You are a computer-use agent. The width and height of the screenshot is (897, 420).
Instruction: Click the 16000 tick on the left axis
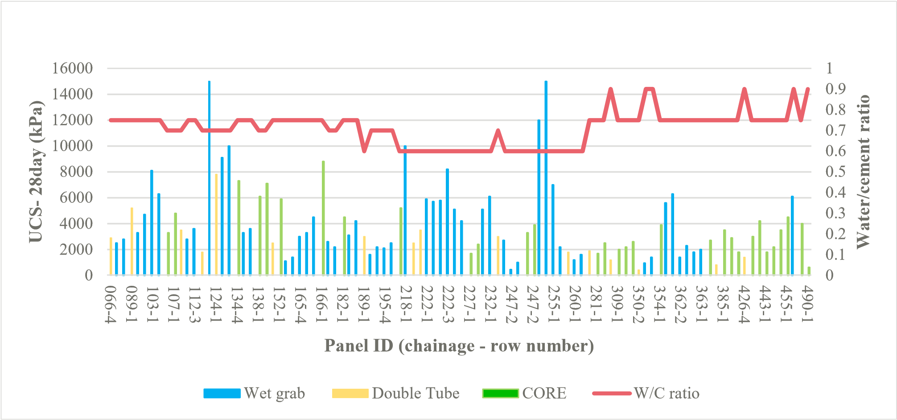(x=72, y=68)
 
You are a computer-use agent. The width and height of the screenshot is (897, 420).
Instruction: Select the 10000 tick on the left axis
(x=72, y=146)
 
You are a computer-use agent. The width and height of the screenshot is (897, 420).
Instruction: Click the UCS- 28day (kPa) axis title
(x=37, y=172)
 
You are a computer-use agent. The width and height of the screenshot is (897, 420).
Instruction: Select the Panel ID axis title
(x=459, y=346)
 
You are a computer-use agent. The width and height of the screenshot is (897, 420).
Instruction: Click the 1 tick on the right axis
(x=829, y=68)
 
